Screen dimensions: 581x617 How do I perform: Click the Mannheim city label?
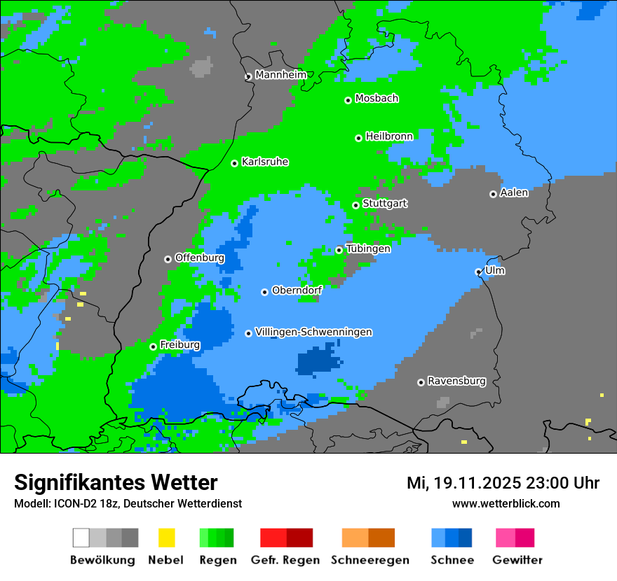pos(280,75)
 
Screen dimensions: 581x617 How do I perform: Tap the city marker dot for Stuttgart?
pos(356,205)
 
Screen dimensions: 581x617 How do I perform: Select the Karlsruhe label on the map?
pos(265,162)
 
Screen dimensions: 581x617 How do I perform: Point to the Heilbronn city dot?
pos(359,138)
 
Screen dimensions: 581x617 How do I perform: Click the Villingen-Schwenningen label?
pos(313,332)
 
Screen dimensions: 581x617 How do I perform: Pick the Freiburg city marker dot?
pos(153,346)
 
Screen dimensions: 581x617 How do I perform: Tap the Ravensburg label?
pos(456,381)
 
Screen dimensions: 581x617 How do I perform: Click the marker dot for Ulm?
pos(479,272)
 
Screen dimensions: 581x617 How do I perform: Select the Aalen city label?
pos(514,192)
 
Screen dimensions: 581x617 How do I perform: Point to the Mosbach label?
pos(377,99)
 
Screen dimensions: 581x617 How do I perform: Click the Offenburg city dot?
pos(168,259)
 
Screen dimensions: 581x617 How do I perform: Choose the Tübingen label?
pos(368,248)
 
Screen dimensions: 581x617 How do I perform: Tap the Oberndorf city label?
pos(297,290)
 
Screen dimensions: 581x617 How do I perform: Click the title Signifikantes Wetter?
pos(116,482)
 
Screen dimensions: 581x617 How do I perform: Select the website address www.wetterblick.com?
pos(506,503)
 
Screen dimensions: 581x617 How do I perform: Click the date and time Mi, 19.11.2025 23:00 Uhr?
pos(503,483)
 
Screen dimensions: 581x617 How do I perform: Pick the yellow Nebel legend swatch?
pos(166,538)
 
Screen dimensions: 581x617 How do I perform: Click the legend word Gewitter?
pos(517,560)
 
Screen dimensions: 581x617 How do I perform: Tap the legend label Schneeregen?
pos(369,560)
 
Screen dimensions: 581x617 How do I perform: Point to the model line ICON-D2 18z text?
pos(128,503)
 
